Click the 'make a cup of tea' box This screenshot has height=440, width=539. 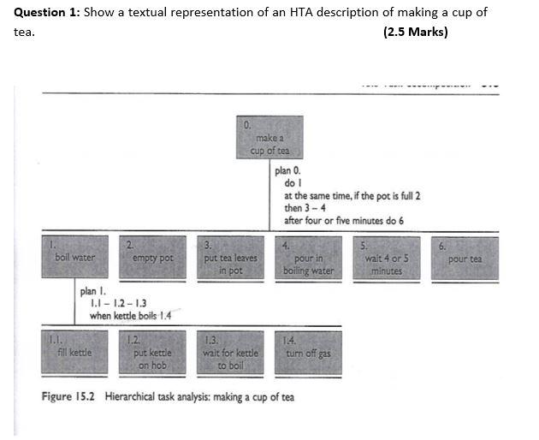click(270, 139)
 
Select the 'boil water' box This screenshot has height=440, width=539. click(75, 257)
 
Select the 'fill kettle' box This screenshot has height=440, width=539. click(75, 352)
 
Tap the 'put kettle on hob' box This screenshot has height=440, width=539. click(153, 353)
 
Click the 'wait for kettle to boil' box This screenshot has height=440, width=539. click(230, 353)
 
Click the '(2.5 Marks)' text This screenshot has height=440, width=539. click(416, 33)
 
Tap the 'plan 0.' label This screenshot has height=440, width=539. click(288, 170)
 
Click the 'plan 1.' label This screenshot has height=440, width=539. click(94, 291)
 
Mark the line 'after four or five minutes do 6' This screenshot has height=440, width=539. click(344, 220)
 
